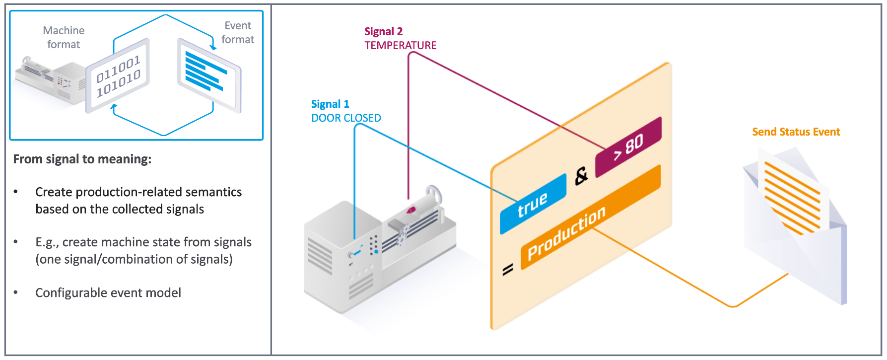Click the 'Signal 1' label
tap(330, 104)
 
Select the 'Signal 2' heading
tap(383, 31)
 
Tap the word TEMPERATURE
tap(401, 45)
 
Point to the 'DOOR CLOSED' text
tap(346, 118)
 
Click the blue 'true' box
tap(533, 204)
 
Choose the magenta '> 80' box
tap(628, 147)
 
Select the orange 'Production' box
tap(591, 217)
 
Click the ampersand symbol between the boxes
tap(581, 176)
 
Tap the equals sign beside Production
tap(507, 269)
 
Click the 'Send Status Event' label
tap(796, 132)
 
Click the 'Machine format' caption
tap(64, 37)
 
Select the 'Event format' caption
tap(238, 32)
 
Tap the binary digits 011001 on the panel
tap(118, 69)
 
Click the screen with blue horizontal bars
tap(209, 75)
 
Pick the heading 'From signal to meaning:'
tap(82, 159)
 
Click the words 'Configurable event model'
tap(108, 292)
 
